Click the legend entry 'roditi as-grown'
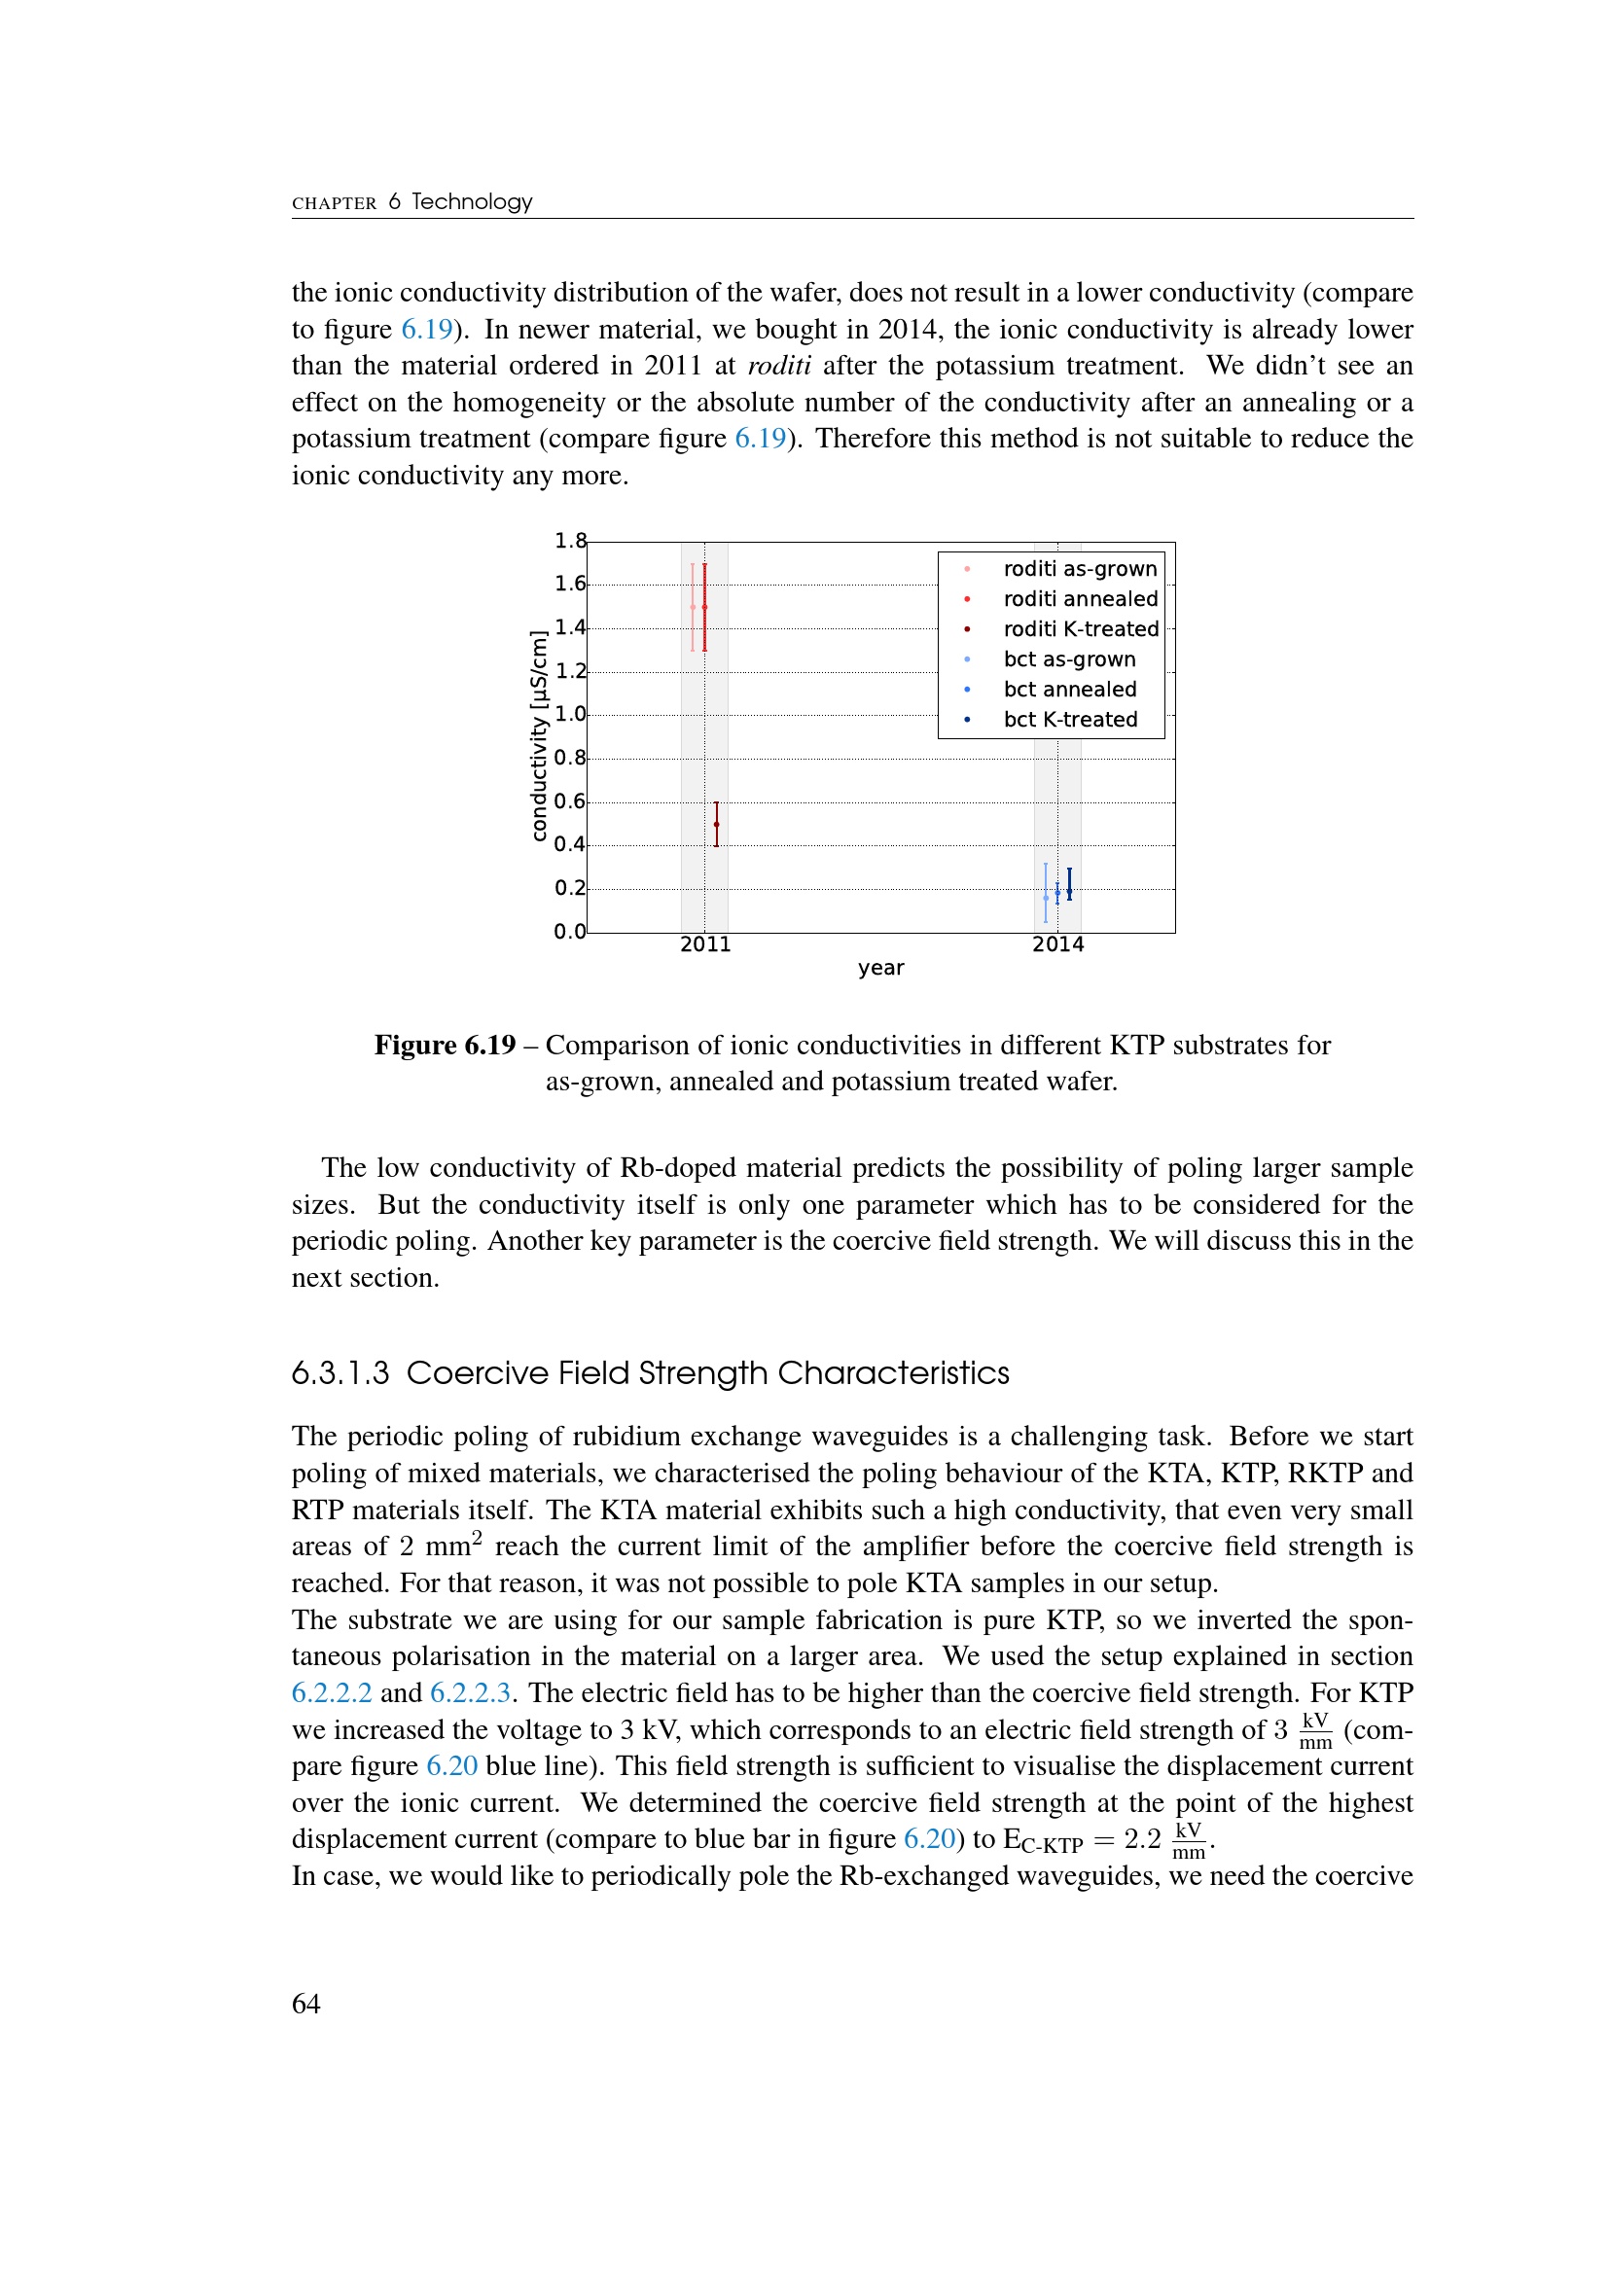click(1079, 569)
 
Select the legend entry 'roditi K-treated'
click(1080, 629)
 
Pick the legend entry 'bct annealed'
click(1069, 690)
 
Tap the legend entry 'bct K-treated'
click(1070, 720)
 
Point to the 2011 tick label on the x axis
click(704, 944)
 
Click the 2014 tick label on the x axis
click(1057, 944)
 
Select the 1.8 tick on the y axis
click(570, 541)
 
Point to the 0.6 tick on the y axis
click(570, 801)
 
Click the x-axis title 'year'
click(880, 968)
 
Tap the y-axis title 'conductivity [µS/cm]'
click(538, 736)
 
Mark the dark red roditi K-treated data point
click(716, 825)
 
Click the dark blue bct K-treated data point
click(1069, 884)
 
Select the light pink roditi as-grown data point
click(693, 606)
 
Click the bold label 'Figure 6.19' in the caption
click(445, 1046)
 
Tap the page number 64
click(306, 2004)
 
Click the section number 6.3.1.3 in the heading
click(340, 1373)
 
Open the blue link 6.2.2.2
click(331, 1692)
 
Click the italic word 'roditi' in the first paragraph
click(779, 366)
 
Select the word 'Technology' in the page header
click(472, 202)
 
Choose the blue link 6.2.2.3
click(470, 1692)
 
